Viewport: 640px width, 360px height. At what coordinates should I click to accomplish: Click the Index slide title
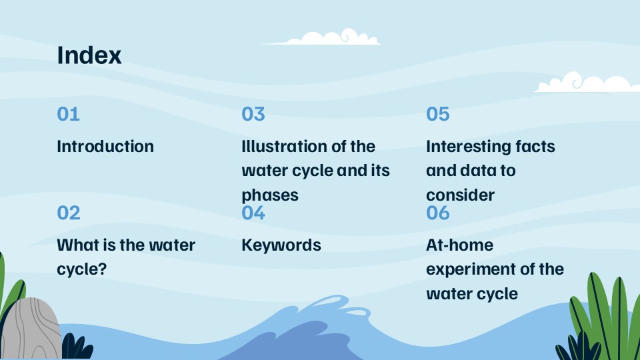(x=89, y=55)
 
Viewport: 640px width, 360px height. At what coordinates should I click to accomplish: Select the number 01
(x=68, y=114)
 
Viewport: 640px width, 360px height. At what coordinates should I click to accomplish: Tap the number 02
(x=69, y=213)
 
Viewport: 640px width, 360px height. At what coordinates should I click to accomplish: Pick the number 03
(x=253, y=114)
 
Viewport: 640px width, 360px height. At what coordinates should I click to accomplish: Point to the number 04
(x=253, y=213)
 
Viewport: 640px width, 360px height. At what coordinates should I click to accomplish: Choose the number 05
(x=438, y=114)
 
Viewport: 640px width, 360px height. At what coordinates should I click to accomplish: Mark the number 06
(x=438, y=213)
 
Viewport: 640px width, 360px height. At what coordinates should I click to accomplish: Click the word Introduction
(x=105, y=147)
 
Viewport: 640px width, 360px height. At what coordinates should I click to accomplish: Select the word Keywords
(x=281, y=245)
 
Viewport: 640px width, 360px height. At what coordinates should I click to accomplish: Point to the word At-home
(x=459, y=245)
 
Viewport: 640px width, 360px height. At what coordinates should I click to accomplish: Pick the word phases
(x=269, y=195)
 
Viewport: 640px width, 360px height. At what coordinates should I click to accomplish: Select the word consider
(x=460, y=195)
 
